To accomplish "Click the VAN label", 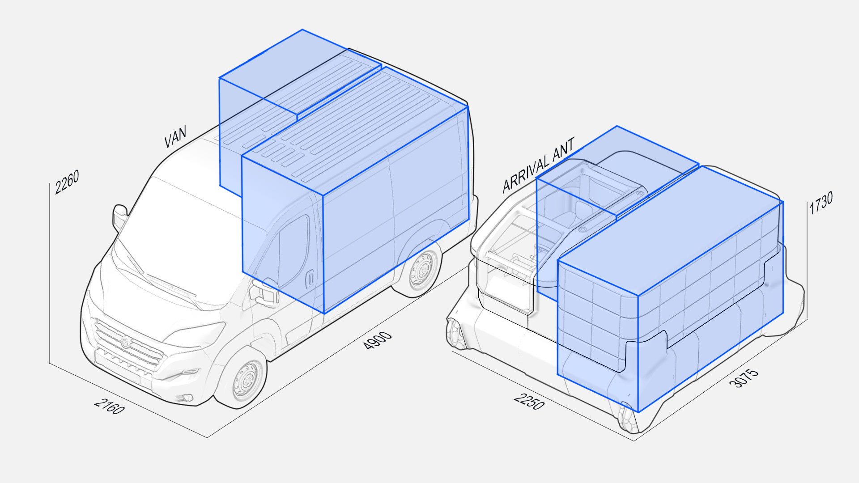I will point(175,136).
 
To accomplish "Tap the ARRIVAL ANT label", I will point(538,165).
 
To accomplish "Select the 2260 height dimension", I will point(67,182).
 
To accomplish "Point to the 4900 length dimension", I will point(378,341).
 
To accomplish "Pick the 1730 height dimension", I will point(821,203).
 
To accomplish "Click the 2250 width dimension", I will point(529,401).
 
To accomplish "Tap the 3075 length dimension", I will point(744,378).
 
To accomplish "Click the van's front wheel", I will point(246,380).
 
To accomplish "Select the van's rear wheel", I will point(422,269).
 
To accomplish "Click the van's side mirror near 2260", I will point(120,216).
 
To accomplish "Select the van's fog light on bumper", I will point(187,398).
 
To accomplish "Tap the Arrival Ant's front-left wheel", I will point(456,333).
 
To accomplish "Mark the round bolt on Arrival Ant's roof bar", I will point(583,229).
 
